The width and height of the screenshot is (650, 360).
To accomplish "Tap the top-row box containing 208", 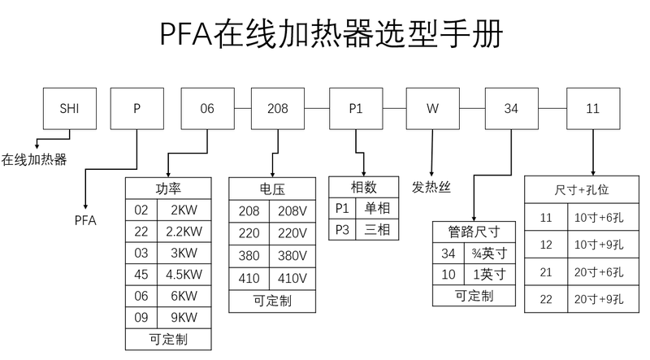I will [x=276, y=107].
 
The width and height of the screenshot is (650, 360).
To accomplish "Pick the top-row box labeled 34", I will [x=510, y=107].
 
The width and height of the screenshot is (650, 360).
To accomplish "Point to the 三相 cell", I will [x=377, y=229].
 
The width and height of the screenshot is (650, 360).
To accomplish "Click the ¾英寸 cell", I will [x=490, y=253].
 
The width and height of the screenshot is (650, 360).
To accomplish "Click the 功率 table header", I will [x=168, y=189].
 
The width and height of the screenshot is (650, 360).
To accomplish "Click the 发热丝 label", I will [x=431, y=187].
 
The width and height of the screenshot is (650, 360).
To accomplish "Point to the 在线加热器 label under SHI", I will [x=33, y=158].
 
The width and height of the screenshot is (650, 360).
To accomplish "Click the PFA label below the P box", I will [x=85, y=219].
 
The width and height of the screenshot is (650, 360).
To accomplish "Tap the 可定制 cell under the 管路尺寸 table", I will [x=474, y=296].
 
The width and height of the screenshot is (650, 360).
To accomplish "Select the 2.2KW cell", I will [x=184, y=232].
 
